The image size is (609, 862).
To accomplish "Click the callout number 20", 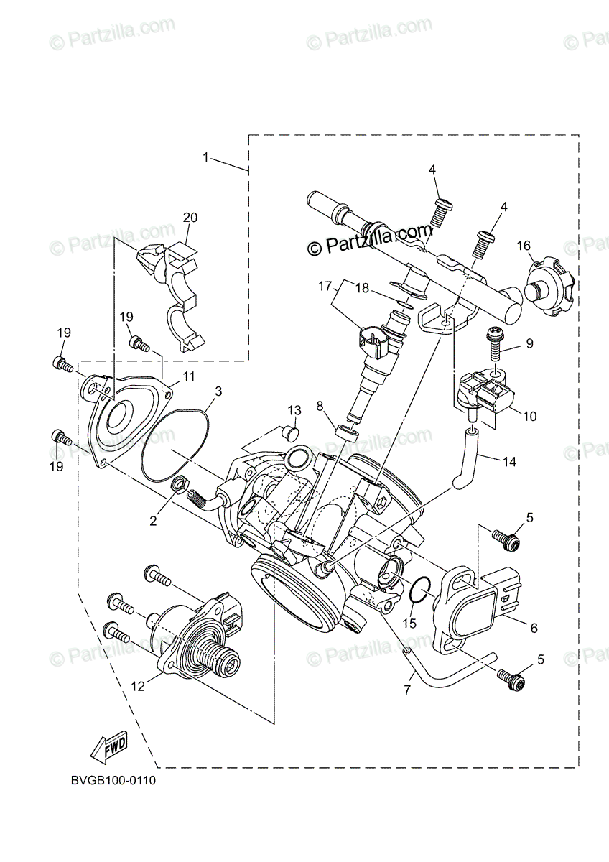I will [190, 217].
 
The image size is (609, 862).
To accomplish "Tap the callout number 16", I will [524, 246].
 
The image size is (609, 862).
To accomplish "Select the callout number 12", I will [138, 686].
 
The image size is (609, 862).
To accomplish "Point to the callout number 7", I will [407, 691].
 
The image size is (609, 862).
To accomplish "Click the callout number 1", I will [206, 157].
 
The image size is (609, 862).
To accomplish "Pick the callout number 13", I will [294, 410].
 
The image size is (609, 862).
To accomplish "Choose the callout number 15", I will [409, 624].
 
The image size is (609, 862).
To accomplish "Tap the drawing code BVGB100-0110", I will [113, 780].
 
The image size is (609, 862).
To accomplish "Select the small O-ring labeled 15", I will [420, 590].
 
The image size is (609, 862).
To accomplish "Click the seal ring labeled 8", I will [346, 434].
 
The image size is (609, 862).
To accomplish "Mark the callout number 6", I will [534, 627].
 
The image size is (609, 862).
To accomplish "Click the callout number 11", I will [188, 376].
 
